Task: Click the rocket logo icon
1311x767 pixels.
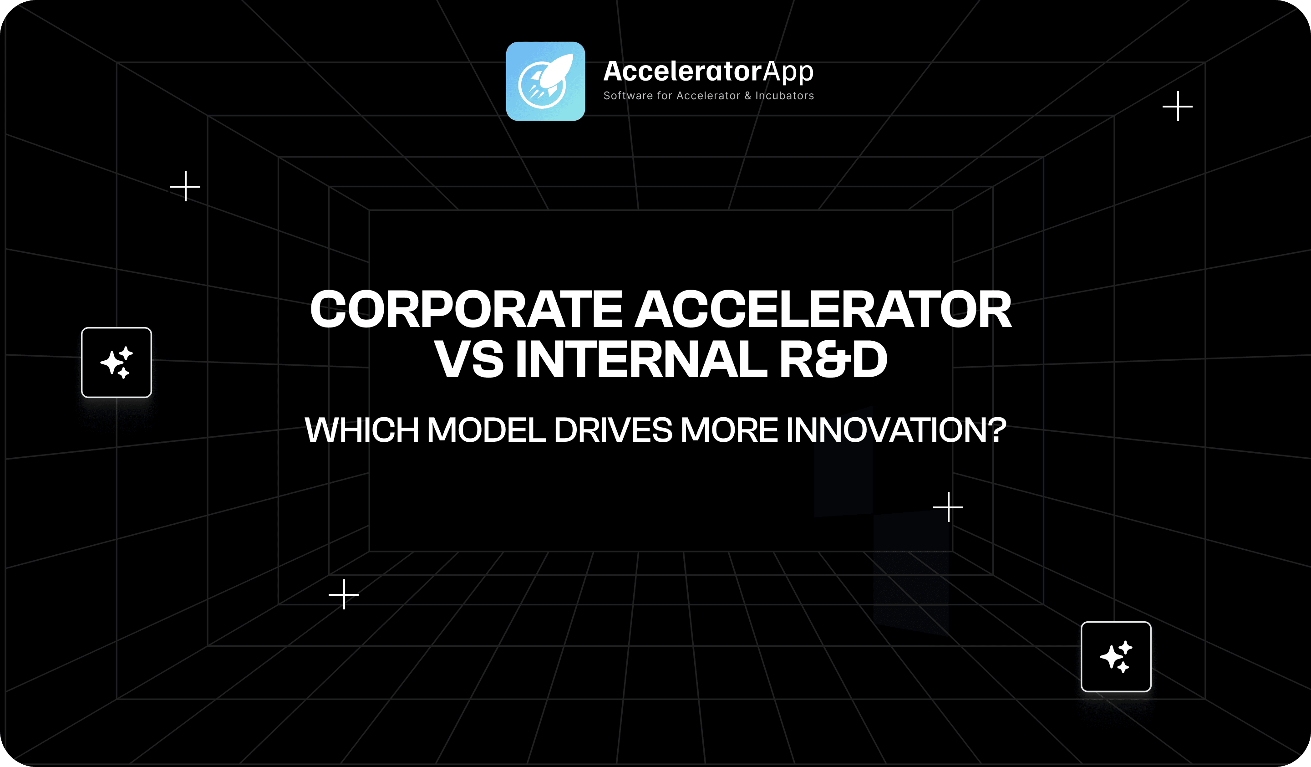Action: point(545,81)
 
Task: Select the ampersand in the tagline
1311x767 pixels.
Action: point(747,96)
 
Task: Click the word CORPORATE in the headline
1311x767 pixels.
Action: point(466,310)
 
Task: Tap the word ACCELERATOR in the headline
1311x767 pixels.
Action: point(823,310)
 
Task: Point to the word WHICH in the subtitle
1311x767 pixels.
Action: point(361,430)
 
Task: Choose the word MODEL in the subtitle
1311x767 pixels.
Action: point(487,430)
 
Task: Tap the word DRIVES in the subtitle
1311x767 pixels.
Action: point(613,430)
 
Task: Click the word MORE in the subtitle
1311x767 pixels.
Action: point(729,430)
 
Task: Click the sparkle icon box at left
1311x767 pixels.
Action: point(117,362)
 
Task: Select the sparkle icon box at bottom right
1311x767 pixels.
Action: point(1116,657)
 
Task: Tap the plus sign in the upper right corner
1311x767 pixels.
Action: point(1178,106)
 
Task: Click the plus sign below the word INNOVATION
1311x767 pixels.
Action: point(948,507)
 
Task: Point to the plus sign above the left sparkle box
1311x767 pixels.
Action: point(185,186)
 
